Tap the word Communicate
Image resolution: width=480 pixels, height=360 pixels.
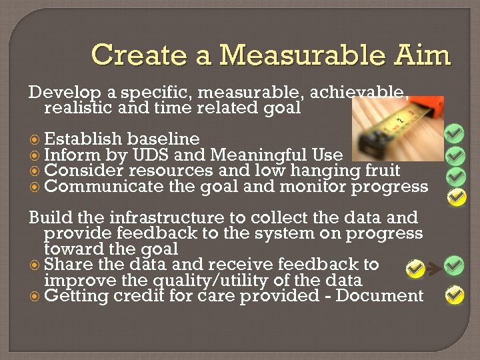[103, 187]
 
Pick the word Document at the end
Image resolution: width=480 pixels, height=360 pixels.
[379, 296]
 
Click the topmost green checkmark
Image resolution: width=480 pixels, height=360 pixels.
[455, 133]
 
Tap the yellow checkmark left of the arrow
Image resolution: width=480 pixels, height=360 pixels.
[415, 269]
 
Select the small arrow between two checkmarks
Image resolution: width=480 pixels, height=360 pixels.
[434, 269]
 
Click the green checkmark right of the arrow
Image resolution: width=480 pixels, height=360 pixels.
[454, 265]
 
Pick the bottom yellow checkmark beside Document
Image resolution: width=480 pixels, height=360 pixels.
[455, 294]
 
